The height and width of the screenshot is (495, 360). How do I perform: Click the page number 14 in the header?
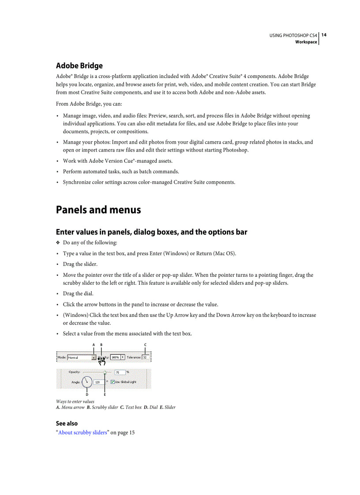coord(324,35)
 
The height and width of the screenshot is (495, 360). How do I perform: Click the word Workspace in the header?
coord(306,42)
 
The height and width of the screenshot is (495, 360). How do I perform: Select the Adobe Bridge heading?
coord(79,66)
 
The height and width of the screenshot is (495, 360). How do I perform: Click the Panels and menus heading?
coord(98,210)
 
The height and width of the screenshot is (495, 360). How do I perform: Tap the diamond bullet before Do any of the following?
coord(58,243)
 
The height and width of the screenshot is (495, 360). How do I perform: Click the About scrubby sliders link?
coord(82,432)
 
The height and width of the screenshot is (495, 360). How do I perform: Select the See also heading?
coord(67,423)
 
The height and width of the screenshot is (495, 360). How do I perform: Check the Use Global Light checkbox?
coord(112,382)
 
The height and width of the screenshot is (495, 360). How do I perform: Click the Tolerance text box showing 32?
coord(145,357)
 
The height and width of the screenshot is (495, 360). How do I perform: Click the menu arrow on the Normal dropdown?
coord(94,357)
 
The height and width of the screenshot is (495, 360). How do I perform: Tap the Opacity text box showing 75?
coord(120,372)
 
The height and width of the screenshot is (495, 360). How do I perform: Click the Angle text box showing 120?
coord(98,382)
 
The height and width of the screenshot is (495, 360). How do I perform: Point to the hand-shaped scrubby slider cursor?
coord(102,361)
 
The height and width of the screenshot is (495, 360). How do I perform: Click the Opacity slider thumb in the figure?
coord(105,372)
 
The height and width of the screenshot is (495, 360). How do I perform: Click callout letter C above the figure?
coord(145,345)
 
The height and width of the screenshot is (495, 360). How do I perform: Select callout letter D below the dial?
coord(87,395)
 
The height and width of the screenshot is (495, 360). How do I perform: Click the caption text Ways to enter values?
coord(75,402)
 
